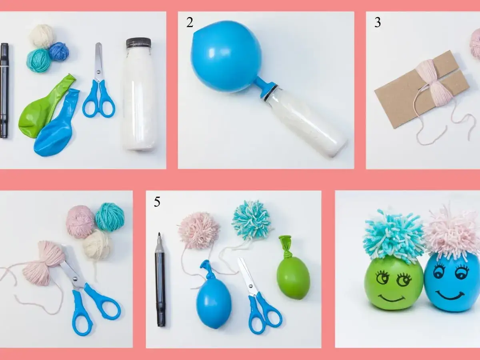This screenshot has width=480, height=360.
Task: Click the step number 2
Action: [x=190, y=22]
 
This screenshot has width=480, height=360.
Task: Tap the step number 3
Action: [x=377, y=22]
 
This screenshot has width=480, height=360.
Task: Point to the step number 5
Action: [x=157, y=202]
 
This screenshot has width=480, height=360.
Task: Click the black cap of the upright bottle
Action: [x=138, y=42]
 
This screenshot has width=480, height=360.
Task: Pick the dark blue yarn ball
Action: [x=59, y=52]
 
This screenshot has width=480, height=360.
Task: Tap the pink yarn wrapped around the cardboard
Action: [x=434, y=82]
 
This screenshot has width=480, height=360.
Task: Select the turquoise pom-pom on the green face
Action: [x=394, y=236]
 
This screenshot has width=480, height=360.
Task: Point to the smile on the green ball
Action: [x=390, y=298]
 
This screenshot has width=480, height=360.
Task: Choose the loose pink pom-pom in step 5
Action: [x=199, y=230]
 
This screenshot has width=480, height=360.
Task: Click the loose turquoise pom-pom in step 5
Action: [x=251, y=220]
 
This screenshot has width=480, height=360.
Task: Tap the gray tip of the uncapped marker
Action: [x=159, y=240]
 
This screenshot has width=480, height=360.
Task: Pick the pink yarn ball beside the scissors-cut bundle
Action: [x=80, y=221]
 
